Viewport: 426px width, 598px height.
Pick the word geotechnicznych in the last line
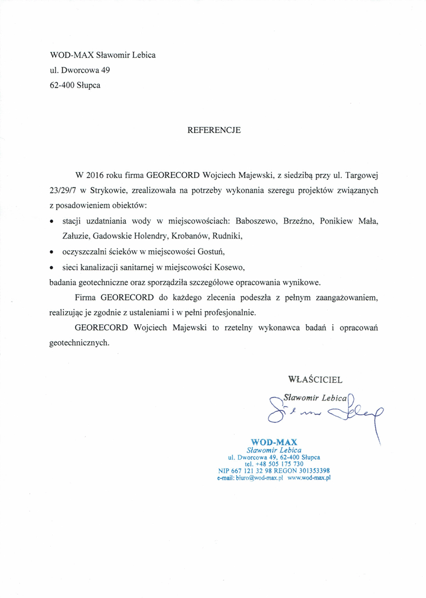coord(80,342)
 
